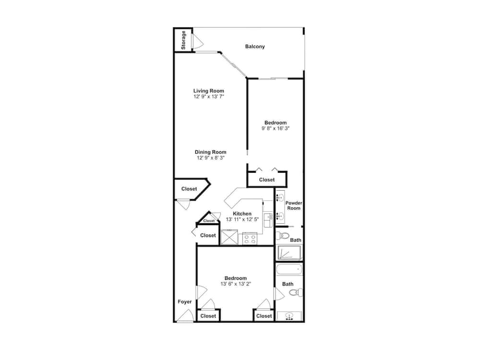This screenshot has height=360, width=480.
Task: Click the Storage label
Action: tap(183, 40)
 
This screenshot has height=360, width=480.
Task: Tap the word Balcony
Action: tap(255, 47)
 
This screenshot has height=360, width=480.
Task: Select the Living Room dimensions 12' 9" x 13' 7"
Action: tap(209, 96)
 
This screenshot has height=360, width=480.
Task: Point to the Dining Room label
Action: tap(211, 152)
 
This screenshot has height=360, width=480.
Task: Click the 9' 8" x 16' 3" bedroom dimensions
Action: tap(276, 128)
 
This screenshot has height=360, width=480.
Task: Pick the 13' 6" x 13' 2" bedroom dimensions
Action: tap(235, 284)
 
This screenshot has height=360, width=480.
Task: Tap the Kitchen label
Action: tap(242, 214)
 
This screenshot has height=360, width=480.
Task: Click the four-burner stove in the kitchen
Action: tap(250, 239)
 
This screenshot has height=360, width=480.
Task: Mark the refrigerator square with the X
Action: tap(229, 237)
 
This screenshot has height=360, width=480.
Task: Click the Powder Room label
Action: tap(294, 205)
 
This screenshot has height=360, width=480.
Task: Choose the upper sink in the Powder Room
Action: tap(280, 197)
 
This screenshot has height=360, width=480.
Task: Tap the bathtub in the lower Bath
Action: tap(289, 269)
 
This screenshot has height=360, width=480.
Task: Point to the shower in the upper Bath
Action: tap(289, 252)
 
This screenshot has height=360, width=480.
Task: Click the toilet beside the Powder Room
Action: tap(283, 236)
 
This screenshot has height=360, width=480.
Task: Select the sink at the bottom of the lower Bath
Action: tap(289, 316)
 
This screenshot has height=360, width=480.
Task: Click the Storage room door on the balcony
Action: tap(197, 41)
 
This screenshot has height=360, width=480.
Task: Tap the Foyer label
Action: tap(185, 301)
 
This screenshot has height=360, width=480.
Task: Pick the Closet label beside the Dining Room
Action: tap(189, 189)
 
